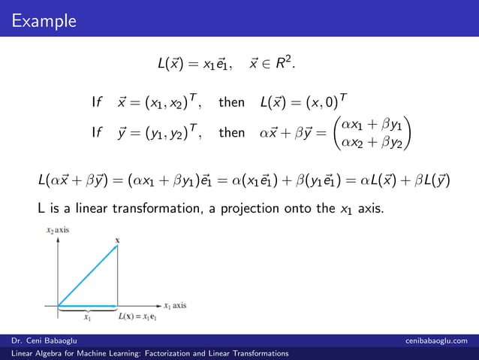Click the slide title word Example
44,19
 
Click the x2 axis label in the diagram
55,229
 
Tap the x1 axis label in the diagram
175,306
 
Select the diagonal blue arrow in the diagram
86,275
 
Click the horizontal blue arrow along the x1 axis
86,306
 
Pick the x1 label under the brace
87,318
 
